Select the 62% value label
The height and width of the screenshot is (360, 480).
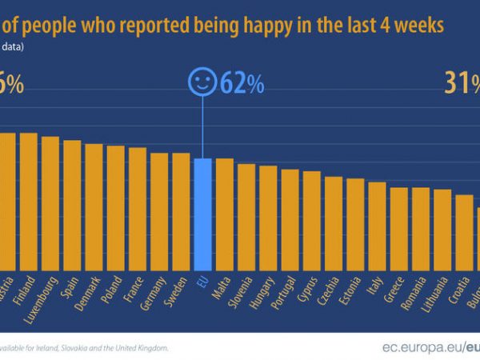238,84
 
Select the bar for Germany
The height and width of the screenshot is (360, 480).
159,212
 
